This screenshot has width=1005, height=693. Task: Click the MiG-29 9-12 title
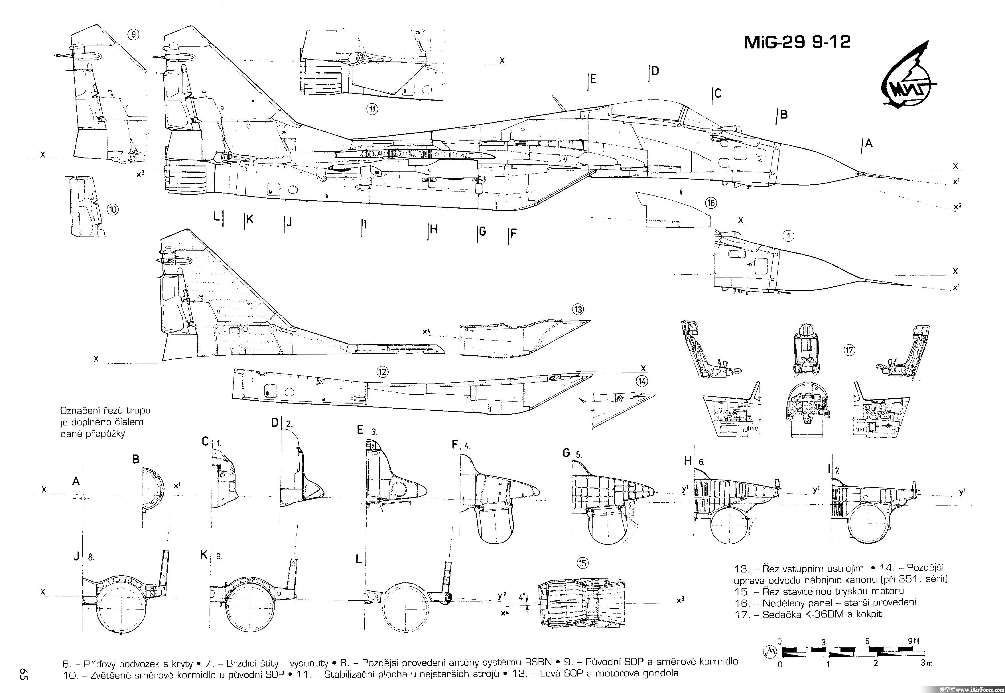pyautogui.click(x=797, y=42)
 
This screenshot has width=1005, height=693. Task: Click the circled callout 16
pyautogui.click(x=711, y=203)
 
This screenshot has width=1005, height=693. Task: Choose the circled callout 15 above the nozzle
pyautogui.click(x=582, y=563)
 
